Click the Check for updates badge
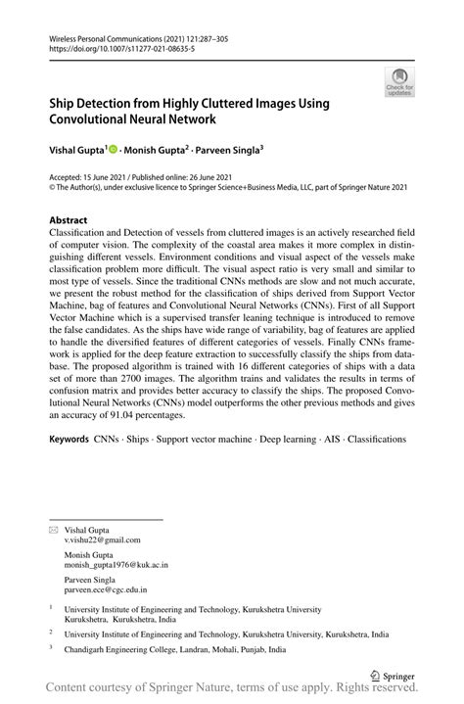click(x=398, y=82)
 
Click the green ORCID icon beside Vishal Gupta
click(x=114, y=150)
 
